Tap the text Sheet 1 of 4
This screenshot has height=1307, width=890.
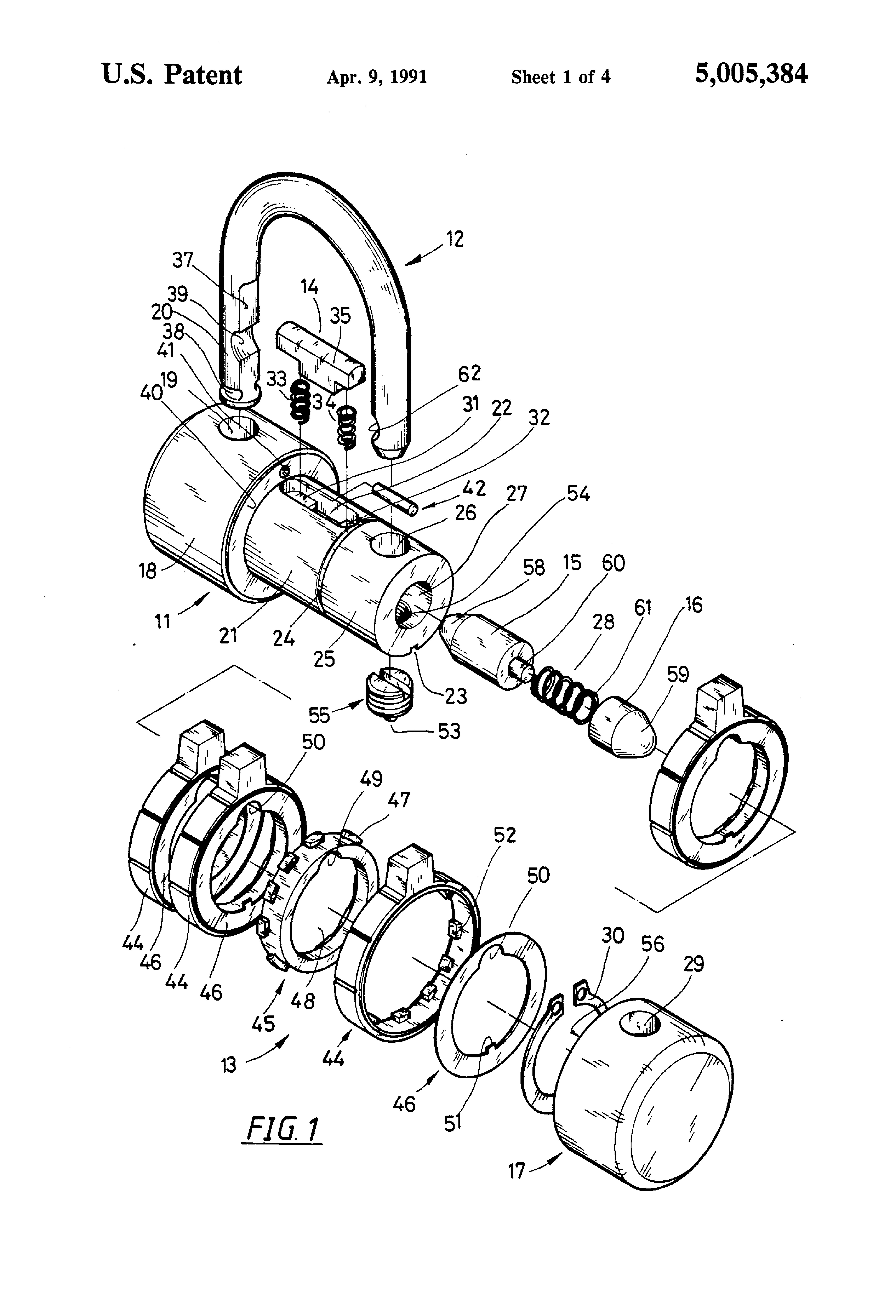[x=560, y=77]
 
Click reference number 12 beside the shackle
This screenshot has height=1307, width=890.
[x=455, y=239]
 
